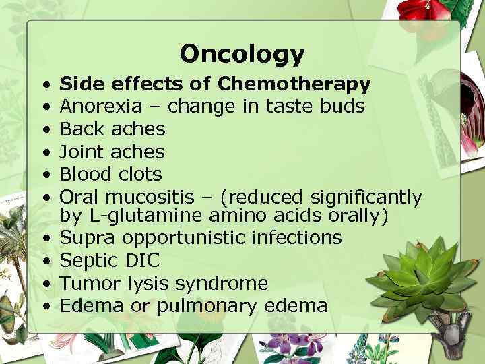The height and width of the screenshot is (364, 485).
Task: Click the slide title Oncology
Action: coord(242,53)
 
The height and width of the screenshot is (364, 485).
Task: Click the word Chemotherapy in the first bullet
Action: coord(294,85)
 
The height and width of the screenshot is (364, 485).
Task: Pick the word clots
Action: coord(138,173)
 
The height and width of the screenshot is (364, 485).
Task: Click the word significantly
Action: coord(366,197)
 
